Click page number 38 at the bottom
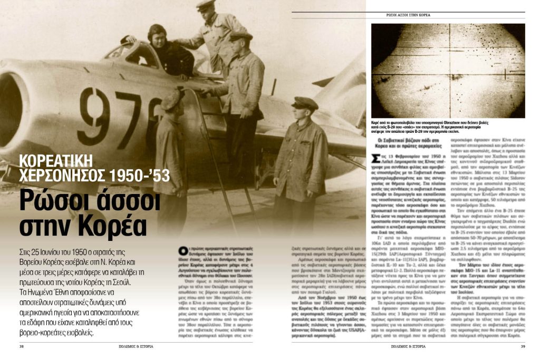[x=22, y=346]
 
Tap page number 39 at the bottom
[x=523, y=346]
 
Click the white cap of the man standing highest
[x=206, y=4]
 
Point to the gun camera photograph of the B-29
[x=448, y=70]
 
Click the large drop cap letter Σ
[x=375, y=159]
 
